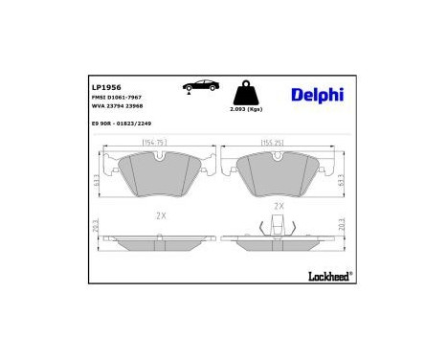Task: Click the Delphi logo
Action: click(x=317, y=95)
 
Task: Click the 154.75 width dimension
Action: click(x=155, y=143)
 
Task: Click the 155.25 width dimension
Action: click(x=276, y=143)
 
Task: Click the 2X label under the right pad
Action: click(x=279, y=205)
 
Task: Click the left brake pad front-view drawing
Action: click(x=156, y=174)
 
